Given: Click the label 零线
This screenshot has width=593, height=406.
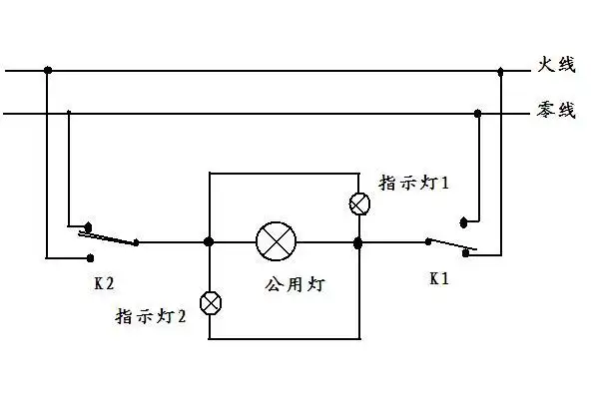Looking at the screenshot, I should (x=557, y=111).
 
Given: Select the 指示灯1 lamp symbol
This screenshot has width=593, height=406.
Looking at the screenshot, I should (x=359, y=203).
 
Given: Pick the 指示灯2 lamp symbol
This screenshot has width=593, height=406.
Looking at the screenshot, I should (x=211, y=302).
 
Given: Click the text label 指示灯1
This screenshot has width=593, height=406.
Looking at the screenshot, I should (x=415, y=183).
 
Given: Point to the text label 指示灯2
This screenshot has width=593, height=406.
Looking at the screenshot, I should (x=153, y=318).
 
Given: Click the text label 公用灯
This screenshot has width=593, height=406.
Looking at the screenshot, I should (x=296, y=284).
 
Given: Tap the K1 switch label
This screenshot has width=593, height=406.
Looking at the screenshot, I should (x=439, y=279).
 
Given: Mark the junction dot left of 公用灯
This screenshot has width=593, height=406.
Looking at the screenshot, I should (x=209, y=241).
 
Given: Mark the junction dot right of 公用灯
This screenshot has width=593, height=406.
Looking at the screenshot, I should (x=358, y=241).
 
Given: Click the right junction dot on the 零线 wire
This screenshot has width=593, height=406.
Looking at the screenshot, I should (x=477, y=114).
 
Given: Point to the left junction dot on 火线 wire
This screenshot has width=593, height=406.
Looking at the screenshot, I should (x=47, y=70).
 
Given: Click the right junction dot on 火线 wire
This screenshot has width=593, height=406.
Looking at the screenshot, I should (x=500, y=70).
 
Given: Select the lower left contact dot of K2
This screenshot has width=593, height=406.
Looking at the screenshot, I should (x=85, y=257).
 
